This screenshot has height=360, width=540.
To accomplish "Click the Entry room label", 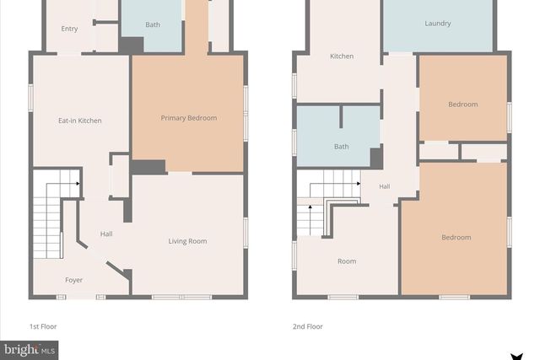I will pos(69,29).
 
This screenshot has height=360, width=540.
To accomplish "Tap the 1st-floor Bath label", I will pos(153,24).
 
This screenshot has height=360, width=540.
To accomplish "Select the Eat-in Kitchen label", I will pos(79,121).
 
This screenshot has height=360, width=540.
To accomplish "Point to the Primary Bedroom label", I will pos(188,118).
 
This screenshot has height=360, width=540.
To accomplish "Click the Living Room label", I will pos(187,241).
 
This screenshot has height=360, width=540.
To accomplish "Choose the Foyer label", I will pos(74,280).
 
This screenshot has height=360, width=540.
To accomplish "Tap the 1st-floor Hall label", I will pos(106,234).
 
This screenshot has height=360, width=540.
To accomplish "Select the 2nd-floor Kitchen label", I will pos(342,56).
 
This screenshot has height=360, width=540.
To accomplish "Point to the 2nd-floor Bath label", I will pos(341,147).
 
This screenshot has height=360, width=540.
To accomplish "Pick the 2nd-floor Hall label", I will pos(384,186).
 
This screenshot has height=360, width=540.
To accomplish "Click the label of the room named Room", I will pos(347,261).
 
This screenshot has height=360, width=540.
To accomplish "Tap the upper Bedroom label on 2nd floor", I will pos(462,105).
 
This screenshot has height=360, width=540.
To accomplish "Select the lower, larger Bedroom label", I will pos(456,238).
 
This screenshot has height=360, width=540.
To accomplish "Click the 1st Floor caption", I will pos(43,326).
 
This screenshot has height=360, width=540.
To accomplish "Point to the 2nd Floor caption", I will pos(308,326).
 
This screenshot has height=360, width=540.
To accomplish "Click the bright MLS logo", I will pos(29,349).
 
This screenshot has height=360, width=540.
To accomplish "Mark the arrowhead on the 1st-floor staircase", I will pos(78,183).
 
